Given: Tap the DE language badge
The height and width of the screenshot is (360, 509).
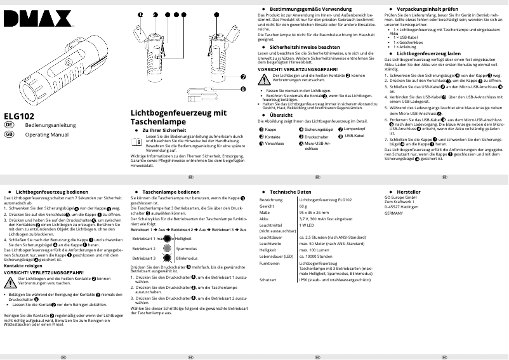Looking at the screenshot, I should point(9,126).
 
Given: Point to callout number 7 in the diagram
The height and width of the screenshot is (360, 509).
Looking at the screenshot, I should point(242,77).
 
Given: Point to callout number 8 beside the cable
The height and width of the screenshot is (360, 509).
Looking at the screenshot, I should point(242,89).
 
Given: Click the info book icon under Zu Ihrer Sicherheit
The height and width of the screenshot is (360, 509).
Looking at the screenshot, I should point(137,142).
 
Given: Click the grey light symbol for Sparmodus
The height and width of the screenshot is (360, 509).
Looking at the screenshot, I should point(166,248).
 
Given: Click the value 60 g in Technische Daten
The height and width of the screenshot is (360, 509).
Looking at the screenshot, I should point(304,206).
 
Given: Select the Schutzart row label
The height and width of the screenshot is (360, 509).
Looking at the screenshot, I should point(268,279).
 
